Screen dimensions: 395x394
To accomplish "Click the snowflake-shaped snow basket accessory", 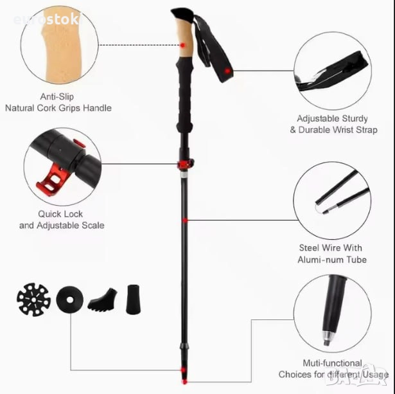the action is pyautogui.click(x=33, y=300).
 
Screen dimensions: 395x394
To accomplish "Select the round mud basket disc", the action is pyautogui.click(x=69, y=300).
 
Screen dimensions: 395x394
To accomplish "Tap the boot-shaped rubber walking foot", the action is pyautogui.click(x=103, y=300).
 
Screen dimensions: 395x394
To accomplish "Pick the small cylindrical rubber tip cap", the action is pyautogui.click(x=133, y=300).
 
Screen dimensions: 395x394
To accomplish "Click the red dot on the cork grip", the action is pyautogui.click(x=182, y=45).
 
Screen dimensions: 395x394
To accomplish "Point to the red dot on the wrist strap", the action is pyautogui.click(x=227, y=71).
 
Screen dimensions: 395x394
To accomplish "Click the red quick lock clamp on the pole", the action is pyautogui.click(x=186, y=165).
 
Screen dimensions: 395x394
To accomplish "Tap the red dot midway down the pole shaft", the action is pyautogui.click(x=185, y=220).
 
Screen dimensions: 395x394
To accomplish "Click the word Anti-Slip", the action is pyautogui.click(x=57, y=96).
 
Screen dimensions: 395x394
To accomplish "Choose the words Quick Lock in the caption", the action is pyautogui.click(x=60, y=214).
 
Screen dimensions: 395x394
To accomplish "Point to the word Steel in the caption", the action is pyautogui.click(x=308, y=248).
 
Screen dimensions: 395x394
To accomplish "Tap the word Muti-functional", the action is pyautogui.click(x=332, y=363).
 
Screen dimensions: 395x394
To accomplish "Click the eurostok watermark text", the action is pyautogui.click(x=46, y=19).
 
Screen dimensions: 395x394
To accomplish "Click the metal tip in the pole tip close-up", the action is pyautogui.click(x=328, y=339).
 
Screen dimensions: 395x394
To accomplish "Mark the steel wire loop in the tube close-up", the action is pyautogui.click(x=316, y=209).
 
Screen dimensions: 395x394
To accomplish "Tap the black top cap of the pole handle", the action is pyautogui.click(x=182, y=14).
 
